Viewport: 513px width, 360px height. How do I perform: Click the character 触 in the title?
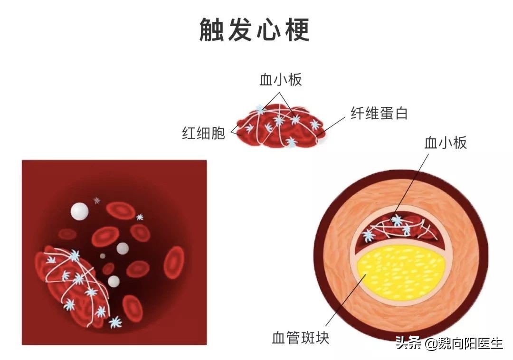coord(213,29)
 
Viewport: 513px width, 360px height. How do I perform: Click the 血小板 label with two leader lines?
coord(280,79)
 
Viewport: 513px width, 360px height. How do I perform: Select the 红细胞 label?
coord(203,133)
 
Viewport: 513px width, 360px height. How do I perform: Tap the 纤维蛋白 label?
coord(379,114)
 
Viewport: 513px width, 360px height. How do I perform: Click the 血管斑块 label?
coord(301,338)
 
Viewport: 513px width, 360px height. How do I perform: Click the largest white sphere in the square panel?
coord(79,211)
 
